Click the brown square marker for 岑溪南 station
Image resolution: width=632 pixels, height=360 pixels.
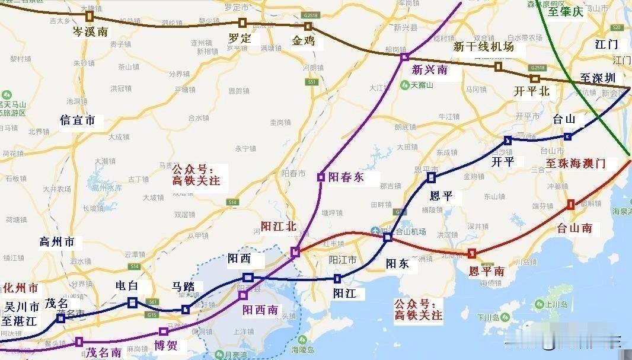click(x=90, y=16)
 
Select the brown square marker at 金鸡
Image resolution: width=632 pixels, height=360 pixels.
click(x=308, y=26)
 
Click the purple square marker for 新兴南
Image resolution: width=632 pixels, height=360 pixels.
click(x=404, y=57)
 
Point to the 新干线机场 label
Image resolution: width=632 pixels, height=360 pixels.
click(x=483, y=46)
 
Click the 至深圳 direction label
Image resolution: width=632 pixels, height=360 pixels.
click(x=597, y=78)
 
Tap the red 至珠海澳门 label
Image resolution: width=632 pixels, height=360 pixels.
click(x=575, y=163)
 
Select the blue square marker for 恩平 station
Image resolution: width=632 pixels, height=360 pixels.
click(x=431, y=177)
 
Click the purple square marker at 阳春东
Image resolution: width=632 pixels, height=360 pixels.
click(x=321, y=177)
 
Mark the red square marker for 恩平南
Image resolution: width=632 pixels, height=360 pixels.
click(x=471, y=254)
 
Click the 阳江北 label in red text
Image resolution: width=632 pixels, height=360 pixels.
click(x=278, y=226)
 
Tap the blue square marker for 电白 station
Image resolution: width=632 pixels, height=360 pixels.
click(x=132, y=303)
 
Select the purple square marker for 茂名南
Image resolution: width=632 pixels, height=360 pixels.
click(x=79, y=342)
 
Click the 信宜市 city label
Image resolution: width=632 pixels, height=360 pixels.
click(x=78, y=120)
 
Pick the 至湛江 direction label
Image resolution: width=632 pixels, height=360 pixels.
click(x=18, y=321)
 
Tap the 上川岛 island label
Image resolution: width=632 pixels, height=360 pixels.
click(x=557, y=305)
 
